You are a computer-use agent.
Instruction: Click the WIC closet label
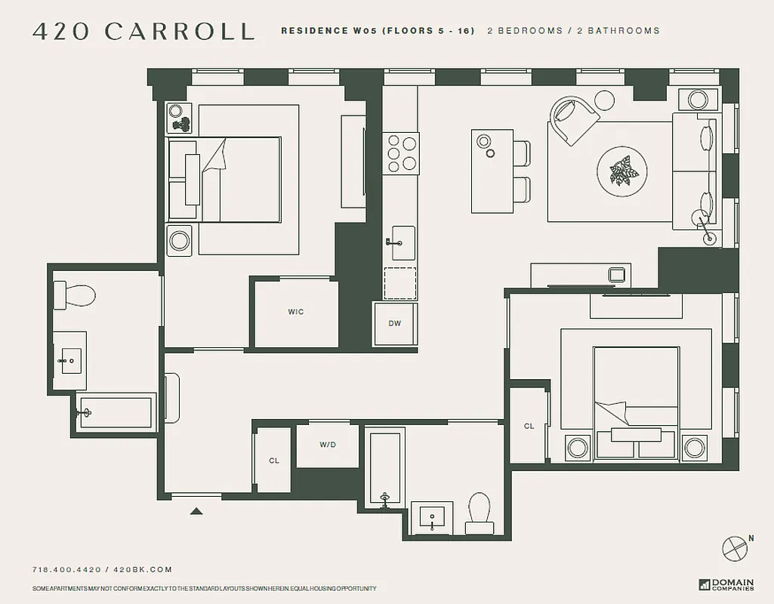(x=295, y=312)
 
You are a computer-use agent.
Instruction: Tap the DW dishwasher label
(x=394, y=324)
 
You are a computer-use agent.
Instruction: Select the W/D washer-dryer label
(x=327, y=445)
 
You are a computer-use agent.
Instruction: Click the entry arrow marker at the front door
(x=196, y=511)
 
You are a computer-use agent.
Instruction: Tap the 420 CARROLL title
(x=143, y=31)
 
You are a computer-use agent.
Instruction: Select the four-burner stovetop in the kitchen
(x=400, y=153)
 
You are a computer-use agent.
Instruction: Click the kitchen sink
(x=402, y=243)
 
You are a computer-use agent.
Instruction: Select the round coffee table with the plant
(x=621, y=171)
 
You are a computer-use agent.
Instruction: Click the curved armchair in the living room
(x=574, y=119)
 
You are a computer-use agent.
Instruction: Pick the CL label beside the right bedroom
(x=529, y=426)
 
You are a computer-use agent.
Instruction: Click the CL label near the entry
(x=274, y=461)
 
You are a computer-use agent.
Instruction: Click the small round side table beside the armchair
(x=605, y=100)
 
